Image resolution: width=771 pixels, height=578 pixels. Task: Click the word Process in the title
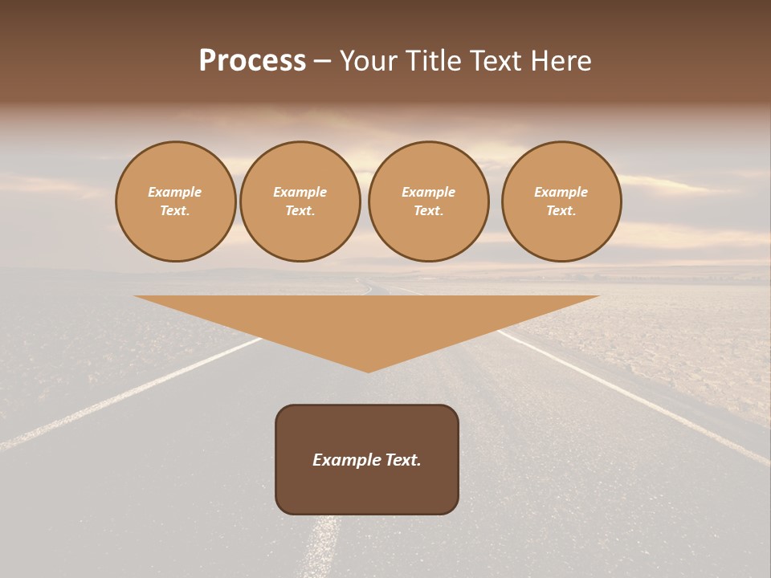coord(252,61)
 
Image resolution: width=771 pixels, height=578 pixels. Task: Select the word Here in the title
coord(559,61)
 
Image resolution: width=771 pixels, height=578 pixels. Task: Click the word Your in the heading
coord(367,61)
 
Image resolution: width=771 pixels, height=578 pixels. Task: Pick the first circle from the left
coord(176,201)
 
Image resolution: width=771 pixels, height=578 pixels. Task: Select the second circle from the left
coord(300,201)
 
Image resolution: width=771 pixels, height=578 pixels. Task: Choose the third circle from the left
coord(429,201)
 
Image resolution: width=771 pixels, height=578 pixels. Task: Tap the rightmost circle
coord(561,201)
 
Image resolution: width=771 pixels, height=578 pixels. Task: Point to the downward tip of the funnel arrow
coord(369,370)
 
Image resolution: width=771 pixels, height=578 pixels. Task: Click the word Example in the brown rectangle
coord(346,460)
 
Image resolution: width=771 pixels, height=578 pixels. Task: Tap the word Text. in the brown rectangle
coord(402,460)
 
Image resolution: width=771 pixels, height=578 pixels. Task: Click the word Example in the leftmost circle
coord(175,193)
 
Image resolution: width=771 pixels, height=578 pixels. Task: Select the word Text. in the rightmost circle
coord(561,211)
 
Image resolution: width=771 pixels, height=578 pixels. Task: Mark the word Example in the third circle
coord(429,193)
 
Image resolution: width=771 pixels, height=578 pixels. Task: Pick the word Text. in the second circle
coord(300,211)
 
